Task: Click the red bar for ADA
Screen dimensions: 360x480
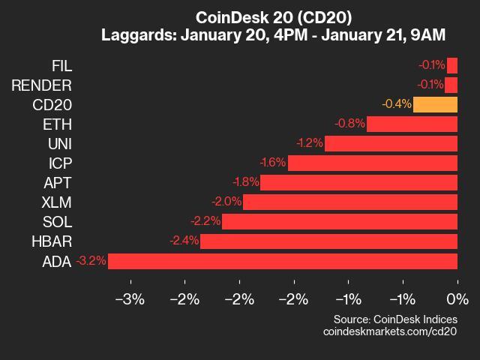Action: [x=283, y=261]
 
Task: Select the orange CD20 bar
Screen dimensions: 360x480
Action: [x=435, y=104]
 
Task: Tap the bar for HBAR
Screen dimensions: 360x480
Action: [x=328, y=241]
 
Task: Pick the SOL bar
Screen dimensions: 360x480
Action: [x=340, y=221]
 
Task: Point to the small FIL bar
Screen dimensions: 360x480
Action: [x=452, y=65]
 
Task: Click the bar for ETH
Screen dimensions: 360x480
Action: [x=412, y=124]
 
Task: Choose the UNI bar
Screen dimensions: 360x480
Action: [x=391, y=143]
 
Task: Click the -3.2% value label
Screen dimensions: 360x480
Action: [x=91, y=261]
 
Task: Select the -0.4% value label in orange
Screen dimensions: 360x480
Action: [x=396, y=104]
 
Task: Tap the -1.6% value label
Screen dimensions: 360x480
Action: [x=272, y=163]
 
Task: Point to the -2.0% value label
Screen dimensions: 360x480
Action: [x=227, y=202]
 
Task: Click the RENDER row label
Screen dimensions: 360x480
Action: [x=41, y=85]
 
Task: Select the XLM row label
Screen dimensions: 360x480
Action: [x=57, y=202]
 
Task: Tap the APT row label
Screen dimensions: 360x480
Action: [x=58, y=182]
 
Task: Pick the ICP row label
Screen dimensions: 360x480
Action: [x=59, y=163]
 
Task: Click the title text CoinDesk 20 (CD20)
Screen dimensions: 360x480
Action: [x=273, y=17]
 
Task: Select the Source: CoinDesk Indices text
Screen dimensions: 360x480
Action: [x=395, y=319]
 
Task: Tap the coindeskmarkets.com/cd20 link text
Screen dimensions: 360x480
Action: [x=390, y=331]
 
